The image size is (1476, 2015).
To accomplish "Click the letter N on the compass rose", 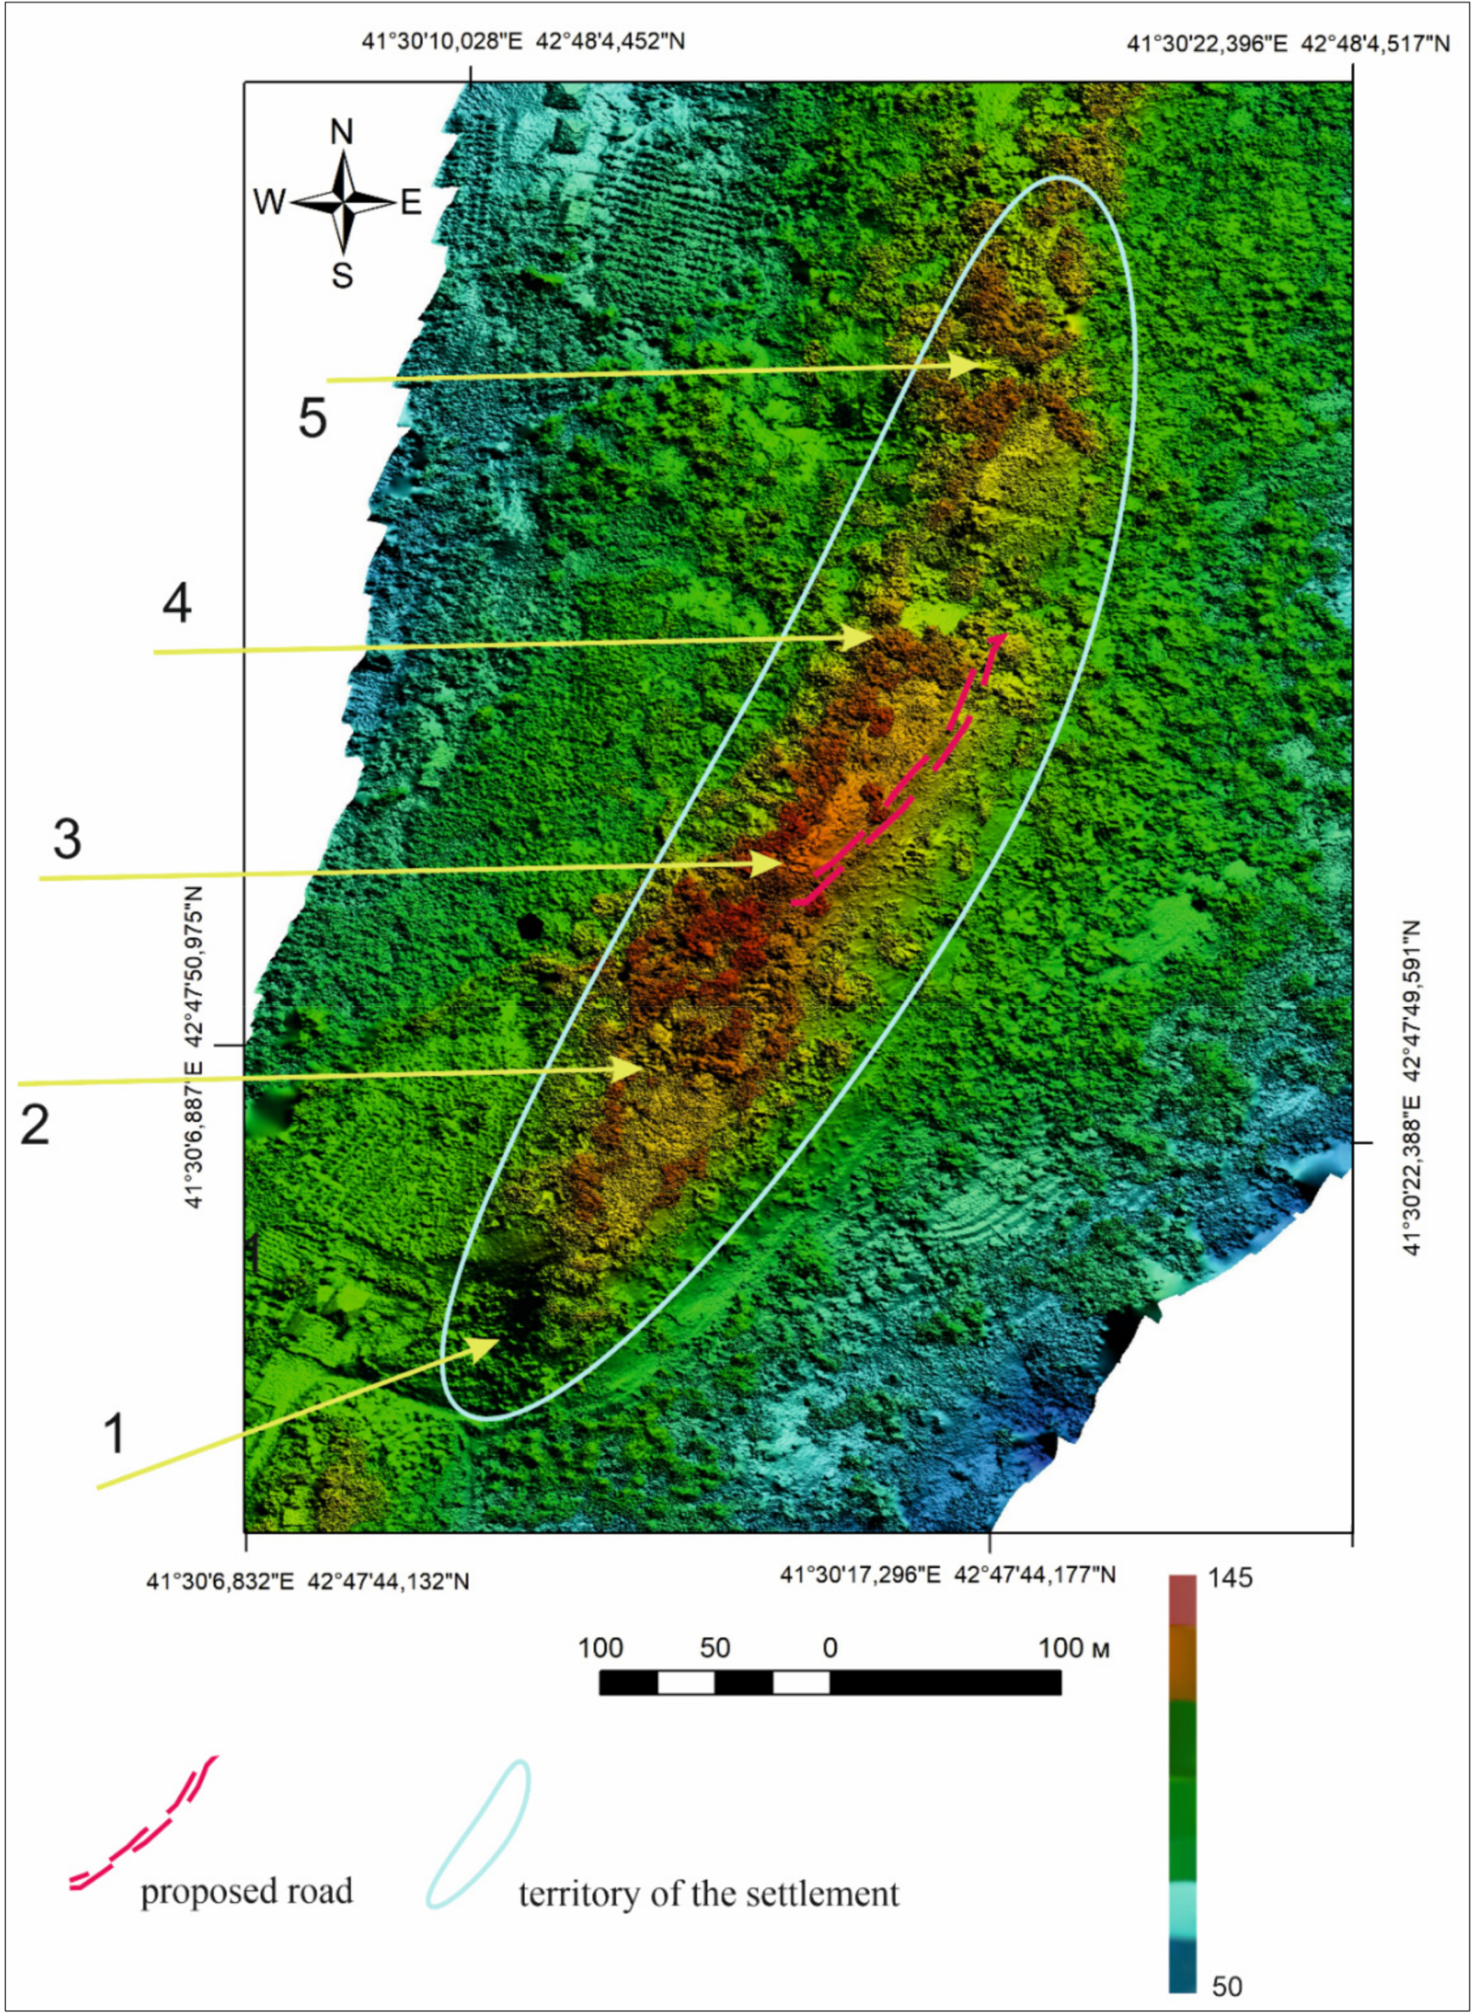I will point(341,132).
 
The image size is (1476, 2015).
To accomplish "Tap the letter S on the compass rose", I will point(342,276).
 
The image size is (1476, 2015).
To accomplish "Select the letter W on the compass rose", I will point(268,203).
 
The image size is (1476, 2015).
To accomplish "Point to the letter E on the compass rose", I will point(410,204).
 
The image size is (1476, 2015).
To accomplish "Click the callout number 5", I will point(313,418).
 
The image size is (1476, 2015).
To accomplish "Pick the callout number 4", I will point(177,604).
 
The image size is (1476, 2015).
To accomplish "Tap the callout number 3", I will point(68,839).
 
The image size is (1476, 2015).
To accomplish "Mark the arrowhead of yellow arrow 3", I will point(769,863).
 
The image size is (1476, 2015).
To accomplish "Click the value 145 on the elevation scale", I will point(1231,1578).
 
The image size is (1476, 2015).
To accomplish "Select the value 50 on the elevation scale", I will point(1226,1986).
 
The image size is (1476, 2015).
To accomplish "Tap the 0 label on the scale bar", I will point(830,1648).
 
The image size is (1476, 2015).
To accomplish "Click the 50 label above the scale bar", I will point(715,1648).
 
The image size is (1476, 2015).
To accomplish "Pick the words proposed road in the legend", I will point(247,1892).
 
